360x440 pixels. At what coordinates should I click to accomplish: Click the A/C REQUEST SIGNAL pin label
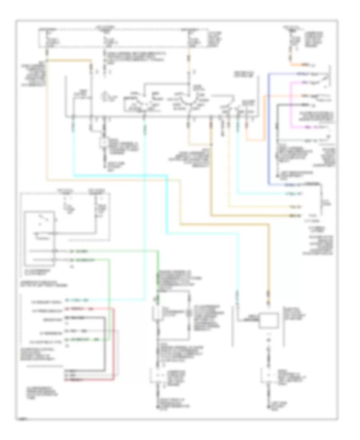tap(44, 300)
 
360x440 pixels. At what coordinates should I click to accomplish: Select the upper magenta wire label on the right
tap(306, 83)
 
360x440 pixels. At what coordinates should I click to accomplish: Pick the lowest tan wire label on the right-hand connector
tap(294, 216)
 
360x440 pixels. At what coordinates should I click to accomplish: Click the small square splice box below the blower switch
tap(104, 142)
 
